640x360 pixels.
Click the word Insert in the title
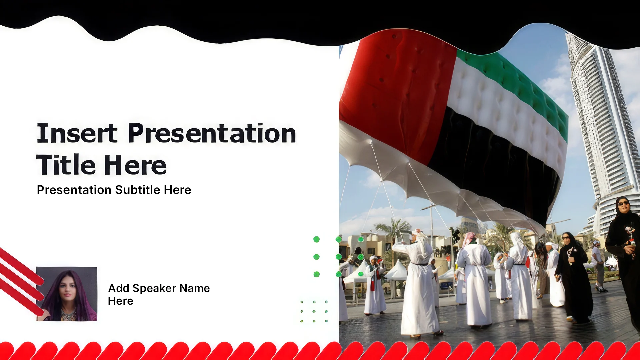click(77, 133)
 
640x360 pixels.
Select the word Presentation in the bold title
click(212, 133)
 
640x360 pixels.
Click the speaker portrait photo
click(67, 294)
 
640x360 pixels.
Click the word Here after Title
click(135, 165)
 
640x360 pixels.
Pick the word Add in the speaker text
click(119, 288)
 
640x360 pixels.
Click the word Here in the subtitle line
click(177, 190)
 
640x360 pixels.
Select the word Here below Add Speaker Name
click(121, 301)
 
